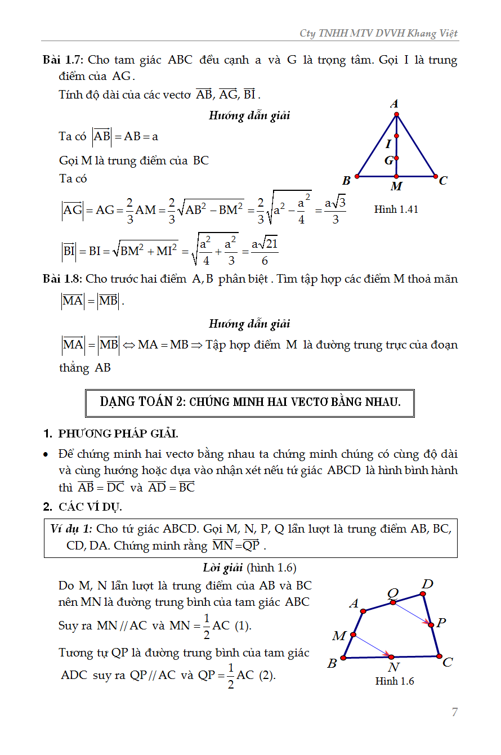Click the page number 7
454,712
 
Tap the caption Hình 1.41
396,209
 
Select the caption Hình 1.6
395,681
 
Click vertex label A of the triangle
395,104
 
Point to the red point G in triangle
397,158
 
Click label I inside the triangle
388,144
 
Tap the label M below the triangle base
396,186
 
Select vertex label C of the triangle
443,181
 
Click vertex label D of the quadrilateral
427,584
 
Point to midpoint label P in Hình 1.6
441,623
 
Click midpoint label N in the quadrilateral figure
393,668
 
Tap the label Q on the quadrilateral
393,592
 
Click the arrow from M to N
372,646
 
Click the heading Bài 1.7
63,60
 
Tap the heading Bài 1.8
63,279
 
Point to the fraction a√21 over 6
265,251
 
